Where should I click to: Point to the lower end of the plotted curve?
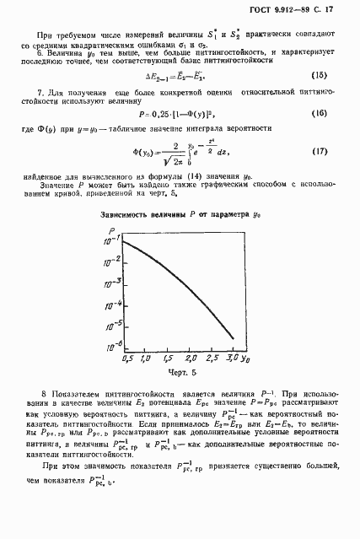pos(234,341)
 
